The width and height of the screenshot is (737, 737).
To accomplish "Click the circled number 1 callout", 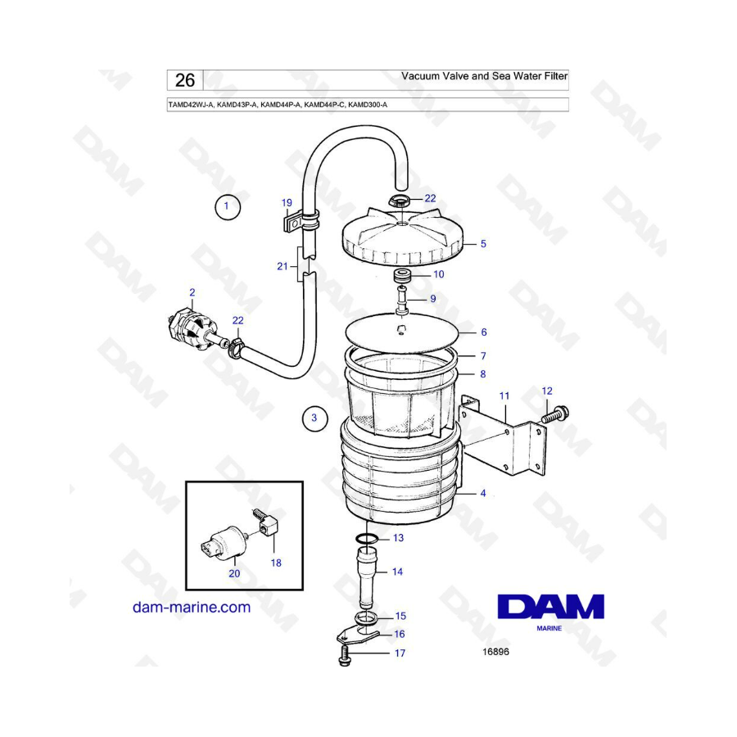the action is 228,206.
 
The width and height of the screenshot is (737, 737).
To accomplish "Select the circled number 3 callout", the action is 314,418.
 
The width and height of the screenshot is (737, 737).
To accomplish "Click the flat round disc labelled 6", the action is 401,332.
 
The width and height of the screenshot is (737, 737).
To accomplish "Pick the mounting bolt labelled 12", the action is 555,415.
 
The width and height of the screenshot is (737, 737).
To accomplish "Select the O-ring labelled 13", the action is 367,538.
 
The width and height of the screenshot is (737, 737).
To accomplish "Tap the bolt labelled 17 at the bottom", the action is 344,656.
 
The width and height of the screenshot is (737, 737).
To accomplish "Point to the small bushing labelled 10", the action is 402,275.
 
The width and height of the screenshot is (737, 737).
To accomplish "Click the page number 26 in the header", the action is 185,80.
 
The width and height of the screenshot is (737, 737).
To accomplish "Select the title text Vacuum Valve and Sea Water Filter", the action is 484,76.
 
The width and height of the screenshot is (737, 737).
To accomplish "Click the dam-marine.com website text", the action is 192,608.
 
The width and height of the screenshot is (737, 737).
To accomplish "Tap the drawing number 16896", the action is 495,652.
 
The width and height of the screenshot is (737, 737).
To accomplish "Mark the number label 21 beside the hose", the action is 282,266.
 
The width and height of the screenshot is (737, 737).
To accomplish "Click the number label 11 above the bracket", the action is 504,396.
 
